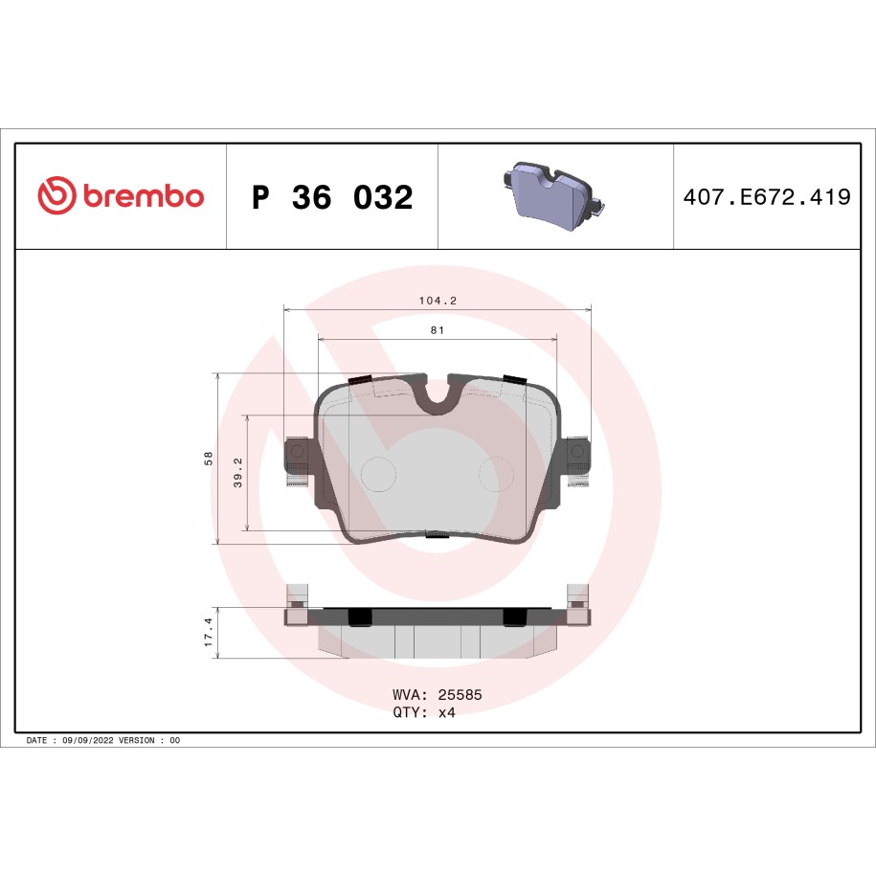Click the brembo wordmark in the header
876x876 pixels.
tap(145, 195)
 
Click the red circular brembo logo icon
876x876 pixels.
tap(56, 195)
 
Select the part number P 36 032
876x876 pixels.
tap(332, 197)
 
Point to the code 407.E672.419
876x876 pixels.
tap(767, 196)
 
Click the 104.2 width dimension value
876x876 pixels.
tap(438, 301)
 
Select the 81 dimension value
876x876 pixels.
tap(438, 330)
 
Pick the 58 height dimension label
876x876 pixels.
tap(209, 459)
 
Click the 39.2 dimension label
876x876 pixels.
tap(238, 473)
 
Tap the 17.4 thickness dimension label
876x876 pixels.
tap(209, 633)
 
